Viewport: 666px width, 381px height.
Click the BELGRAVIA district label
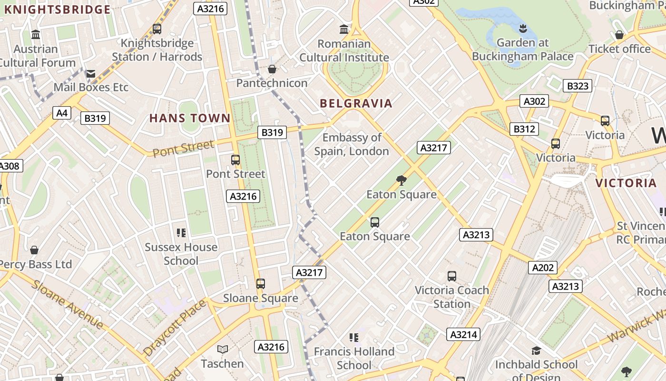(356, 103)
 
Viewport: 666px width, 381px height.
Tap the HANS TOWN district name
(190, 118)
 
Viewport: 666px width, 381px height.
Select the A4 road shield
(62, 113)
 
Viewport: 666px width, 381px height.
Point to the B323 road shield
(578, 86)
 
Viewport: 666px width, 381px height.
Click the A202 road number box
(542, 268)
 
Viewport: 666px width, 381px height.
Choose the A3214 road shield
(463, 334)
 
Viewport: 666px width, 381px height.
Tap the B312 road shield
(524, 129)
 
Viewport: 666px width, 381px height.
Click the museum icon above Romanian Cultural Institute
(344, 30)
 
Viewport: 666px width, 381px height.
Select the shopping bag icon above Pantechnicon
(272, 70)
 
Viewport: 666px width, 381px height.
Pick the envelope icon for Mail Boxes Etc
(90, 74)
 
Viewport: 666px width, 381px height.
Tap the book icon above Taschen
(222, 350)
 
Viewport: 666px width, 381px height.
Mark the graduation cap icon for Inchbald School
(536, 351)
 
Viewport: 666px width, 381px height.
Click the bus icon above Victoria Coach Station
(452, 276)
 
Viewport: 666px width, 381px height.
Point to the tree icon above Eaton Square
(401, 180)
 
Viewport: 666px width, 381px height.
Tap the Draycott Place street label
(175, 328)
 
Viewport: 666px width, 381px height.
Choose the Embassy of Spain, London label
(352, 144)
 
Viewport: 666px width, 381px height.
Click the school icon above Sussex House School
(181, 233)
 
